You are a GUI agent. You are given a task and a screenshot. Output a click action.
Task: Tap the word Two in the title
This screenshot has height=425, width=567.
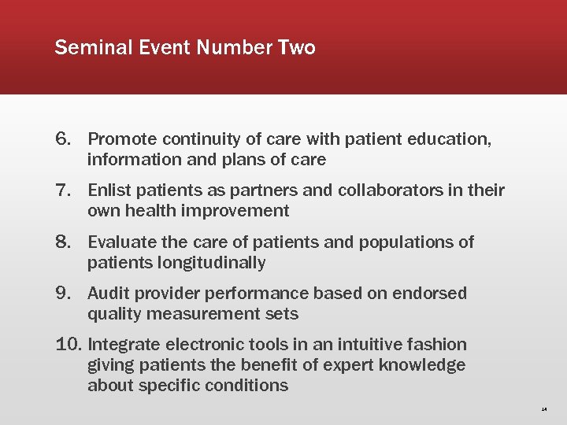point(296,48)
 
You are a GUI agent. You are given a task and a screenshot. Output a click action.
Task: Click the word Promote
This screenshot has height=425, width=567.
point(122,139)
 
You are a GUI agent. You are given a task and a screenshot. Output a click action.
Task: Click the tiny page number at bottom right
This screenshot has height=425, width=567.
point(544,409)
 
